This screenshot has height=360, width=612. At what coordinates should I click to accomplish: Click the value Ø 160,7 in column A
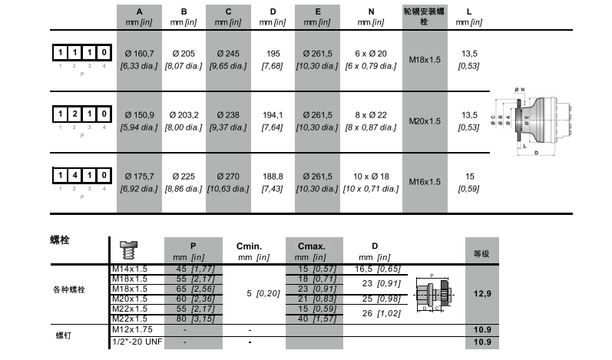coord(139,53)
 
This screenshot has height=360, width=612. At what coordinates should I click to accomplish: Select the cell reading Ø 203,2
coord(184,114)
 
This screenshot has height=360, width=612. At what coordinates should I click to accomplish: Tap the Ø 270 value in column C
coord(229,176)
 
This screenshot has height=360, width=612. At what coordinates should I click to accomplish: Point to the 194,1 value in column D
coord(273,114)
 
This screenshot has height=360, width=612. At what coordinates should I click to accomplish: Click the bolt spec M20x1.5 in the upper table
coord(424,121)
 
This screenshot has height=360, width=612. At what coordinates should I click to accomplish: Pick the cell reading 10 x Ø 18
coord(372,176)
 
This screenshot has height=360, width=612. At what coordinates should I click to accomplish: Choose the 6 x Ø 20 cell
coord(372,53)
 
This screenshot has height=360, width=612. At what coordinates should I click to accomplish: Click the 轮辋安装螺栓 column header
coord(424,17)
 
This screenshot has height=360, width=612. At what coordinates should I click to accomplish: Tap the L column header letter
coord(468,12)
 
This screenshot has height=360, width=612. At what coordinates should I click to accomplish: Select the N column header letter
coord(372,12)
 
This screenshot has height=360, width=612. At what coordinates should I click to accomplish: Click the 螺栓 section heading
coord(60,240)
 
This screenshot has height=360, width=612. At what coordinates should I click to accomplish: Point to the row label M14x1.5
coord(130,269)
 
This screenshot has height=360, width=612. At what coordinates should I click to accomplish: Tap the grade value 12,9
coord(482,294)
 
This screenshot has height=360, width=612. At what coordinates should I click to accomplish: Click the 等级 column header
coord(482,253)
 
